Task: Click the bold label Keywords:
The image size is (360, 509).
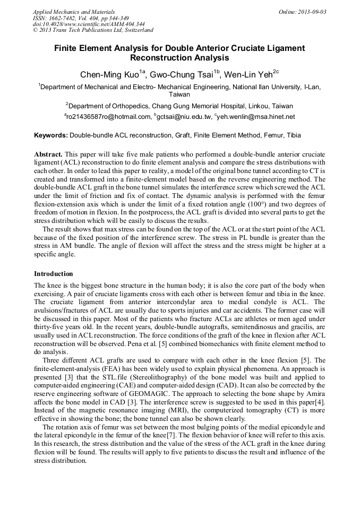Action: point(51,135)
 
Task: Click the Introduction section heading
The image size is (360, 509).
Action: point(54,274)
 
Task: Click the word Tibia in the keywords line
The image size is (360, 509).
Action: point(293,135)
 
